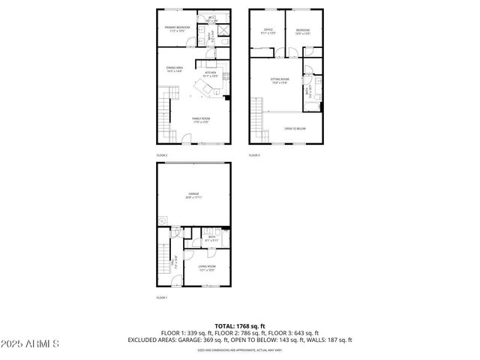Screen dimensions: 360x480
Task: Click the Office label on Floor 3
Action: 267,31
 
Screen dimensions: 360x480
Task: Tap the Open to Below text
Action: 295,128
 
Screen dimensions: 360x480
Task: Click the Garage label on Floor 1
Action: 193,195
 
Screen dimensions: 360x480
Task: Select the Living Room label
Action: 206,268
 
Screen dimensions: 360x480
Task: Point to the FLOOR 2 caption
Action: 162,155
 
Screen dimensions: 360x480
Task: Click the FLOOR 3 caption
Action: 254,155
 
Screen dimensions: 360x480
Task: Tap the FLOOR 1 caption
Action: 162,298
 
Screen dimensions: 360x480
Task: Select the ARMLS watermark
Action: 30,343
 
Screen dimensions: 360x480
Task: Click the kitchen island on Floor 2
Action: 202,90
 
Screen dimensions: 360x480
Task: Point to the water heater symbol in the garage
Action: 162,220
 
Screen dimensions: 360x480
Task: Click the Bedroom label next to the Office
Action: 301,31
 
